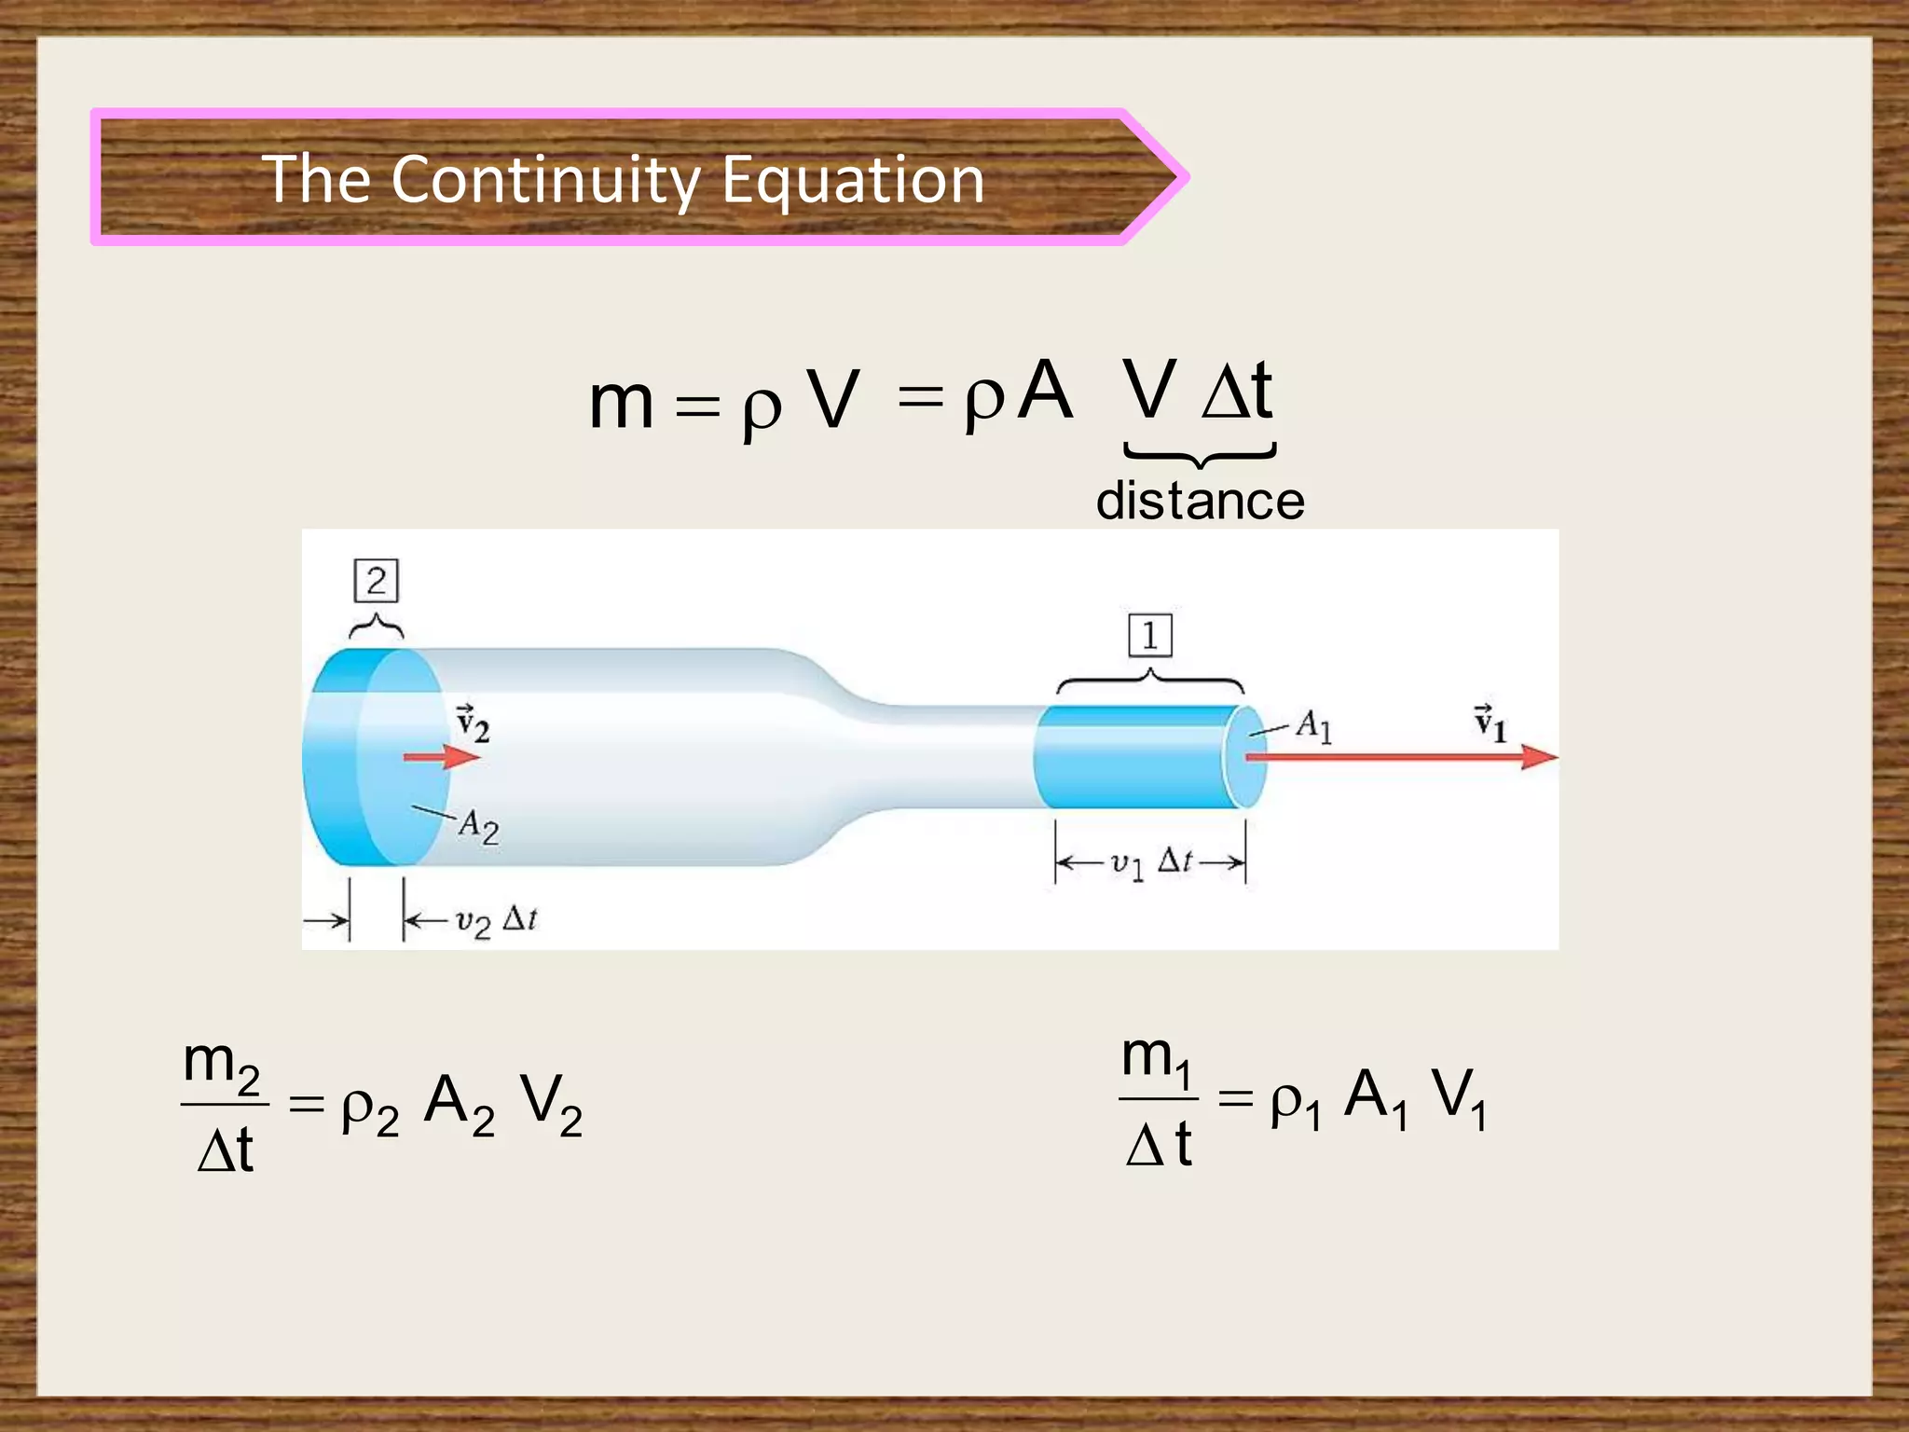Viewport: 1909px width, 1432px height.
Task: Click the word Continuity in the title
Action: coord(544,179)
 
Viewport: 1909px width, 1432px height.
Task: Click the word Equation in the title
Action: coord(852,179)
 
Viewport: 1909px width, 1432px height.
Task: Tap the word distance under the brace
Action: coord(1200,501)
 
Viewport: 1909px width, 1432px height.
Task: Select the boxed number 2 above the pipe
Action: coord(376,581)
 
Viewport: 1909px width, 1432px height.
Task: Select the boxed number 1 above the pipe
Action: coord(1149,636)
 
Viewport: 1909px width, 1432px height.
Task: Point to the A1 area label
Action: coord(1314,725)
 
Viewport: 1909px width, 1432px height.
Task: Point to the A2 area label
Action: coord(478,826)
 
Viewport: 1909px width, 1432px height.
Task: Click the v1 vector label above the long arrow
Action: coord(1490,723)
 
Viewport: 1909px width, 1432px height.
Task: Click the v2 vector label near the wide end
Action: coord(472,723)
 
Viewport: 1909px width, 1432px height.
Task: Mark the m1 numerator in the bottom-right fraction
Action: coord(1157,1059)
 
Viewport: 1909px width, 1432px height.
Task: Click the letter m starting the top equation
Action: coord(621,403)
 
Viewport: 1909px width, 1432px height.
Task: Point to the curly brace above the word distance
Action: coord(1200,455)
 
